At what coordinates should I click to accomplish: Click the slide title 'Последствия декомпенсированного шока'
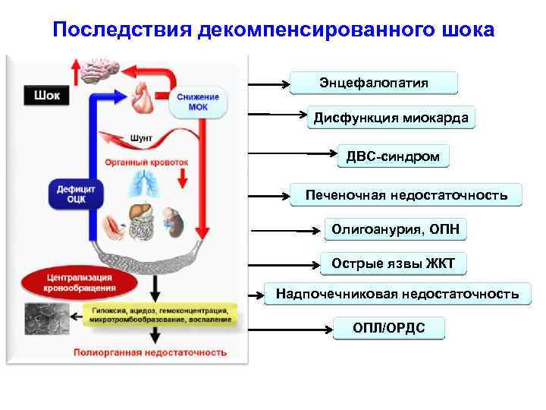(273, 30)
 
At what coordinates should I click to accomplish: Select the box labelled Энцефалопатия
(374, 83)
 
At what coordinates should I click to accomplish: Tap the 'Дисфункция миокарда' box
(391, 118)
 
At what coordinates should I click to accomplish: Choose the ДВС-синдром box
(393, 156)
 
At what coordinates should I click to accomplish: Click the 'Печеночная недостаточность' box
(406, 195)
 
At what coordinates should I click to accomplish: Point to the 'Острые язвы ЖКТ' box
(393, 263)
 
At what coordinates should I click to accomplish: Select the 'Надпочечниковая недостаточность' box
(397, 294)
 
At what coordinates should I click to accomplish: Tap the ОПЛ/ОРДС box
(388, 328)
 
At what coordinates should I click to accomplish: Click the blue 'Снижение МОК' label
(199, 102)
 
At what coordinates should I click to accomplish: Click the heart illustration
(142, 97)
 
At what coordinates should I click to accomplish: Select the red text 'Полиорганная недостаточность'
(149, 352)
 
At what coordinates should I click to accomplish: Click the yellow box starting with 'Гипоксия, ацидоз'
(162, 315)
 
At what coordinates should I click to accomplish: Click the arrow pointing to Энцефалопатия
(268, 83)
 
